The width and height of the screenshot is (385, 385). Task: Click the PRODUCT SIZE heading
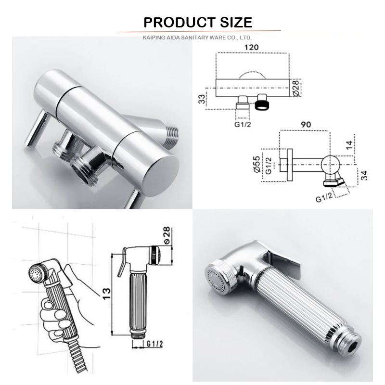click(x=198, y=22)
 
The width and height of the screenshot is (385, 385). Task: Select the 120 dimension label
click(x=251, y=47)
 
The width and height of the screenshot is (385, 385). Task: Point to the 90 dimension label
click(x=306, y=125)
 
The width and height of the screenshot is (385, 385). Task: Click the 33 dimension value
click(x=202, y=99)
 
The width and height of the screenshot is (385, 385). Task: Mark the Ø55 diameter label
click(x=257, y=164)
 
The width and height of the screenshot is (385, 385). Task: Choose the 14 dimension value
click(x=349, y=145)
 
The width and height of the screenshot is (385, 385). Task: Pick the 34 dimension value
click(x=365, y=175)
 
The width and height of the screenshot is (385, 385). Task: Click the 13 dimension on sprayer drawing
click(x=106, y=294)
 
